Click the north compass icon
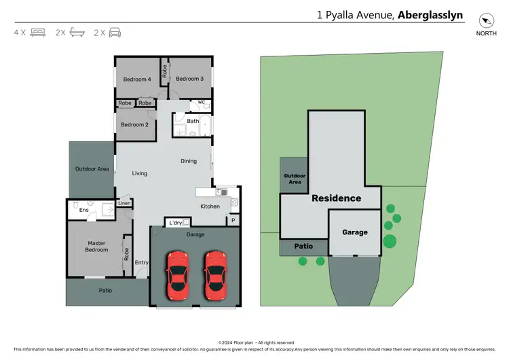(x=485, y=20)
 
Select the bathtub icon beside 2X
(x=77, y=32)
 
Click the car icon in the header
(x=115, y=32)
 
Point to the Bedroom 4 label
(x=136, y=79)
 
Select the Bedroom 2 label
(x=134, y=124)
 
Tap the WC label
(x=202, y=103)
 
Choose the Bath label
(x=193, y=122)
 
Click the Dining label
(x=189, y=161)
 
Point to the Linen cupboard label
(x=124, y=203)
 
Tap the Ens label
(x=84, y=211)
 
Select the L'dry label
(x=175, y=223)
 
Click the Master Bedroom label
(x=96, y=247)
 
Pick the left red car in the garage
(x=178, y=276)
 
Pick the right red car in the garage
(x=215, y=276)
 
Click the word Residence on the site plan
(x=336, y=198)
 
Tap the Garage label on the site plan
(x=354, y=232)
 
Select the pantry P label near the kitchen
(x=232, y=220)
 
